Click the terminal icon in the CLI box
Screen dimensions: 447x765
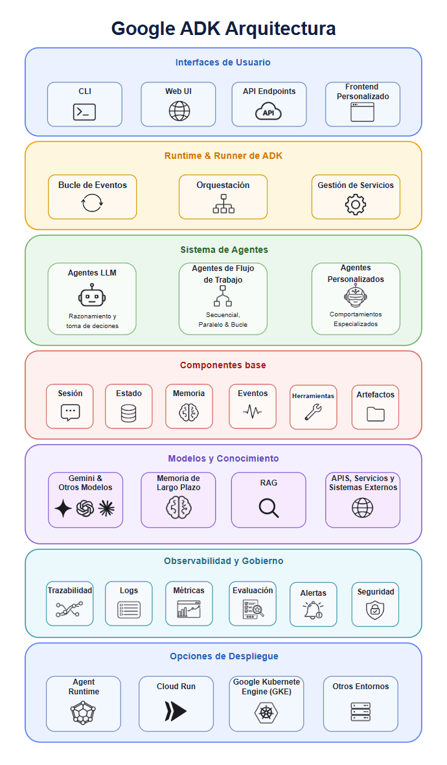[84, 112]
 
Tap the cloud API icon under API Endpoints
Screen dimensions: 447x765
[269, 112]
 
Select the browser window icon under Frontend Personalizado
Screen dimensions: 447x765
[362, 112]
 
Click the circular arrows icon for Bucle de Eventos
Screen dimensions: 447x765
[92, 202]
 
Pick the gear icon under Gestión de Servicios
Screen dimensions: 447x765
[356, 204]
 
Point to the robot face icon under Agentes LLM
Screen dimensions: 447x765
[91, 295]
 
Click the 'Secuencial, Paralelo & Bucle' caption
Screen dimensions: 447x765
[223, 320]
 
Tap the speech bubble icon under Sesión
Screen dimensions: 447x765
[70, 413]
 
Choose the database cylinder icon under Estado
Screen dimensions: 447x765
[129, 413]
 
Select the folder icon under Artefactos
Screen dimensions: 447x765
[375, 414]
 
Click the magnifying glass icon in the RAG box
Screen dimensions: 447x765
[269, 508]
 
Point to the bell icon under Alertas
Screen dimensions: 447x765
[313, 610]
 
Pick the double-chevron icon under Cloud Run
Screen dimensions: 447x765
[176, 711]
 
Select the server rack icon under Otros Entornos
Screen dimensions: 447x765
[361, 711]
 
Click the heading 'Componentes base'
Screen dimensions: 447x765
[223, 365]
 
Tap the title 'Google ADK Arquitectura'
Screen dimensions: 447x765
[223, 29]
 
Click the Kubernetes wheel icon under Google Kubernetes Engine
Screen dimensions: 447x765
[266, 712]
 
